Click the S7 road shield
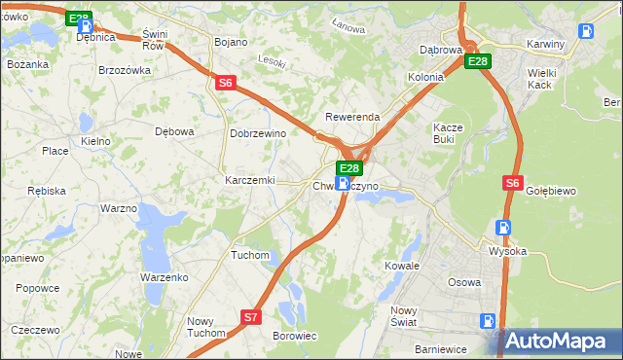[x=251, y=316]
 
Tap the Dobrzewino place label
[x=257, y=133]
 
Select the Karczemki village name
[x=250, y=181]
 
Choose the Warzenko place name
[x=164, y=277]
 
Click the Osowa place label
[x=463, y=282]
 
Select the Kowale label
[x=401, y=266]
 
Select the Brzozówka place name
[x=125, y=70]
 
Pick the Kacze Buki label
[x=451, y=133]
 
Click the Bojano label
[x=230, y=43]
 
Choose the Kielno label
[x=95, y=141]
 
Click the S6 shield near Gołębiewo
[x=513, y=182]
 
